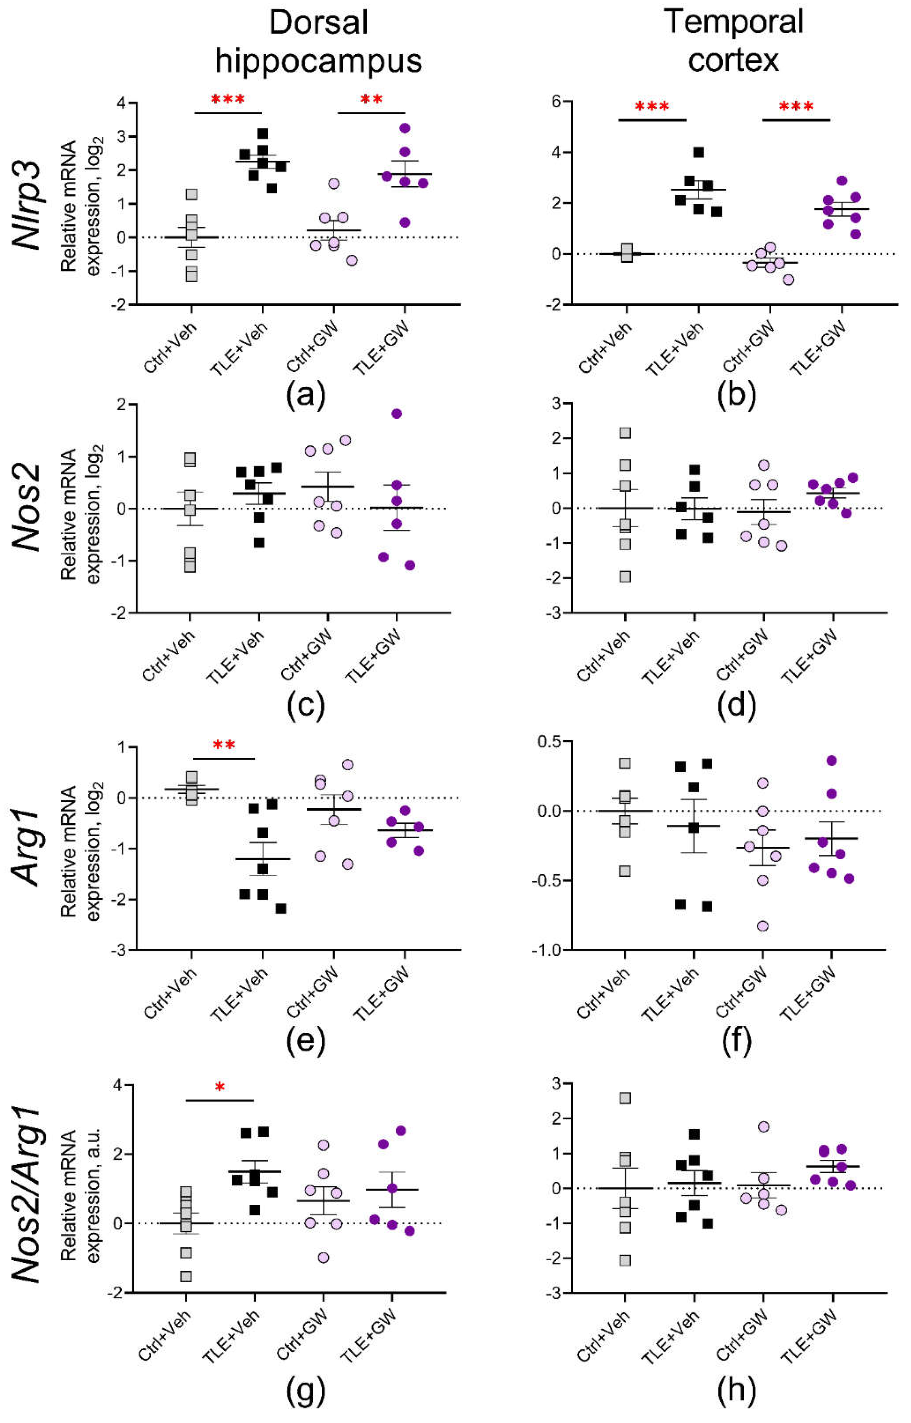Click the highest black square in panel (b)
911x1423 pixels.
tap(699, 153)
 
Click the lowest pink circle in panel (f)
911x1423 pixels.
tap(763, 926)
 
